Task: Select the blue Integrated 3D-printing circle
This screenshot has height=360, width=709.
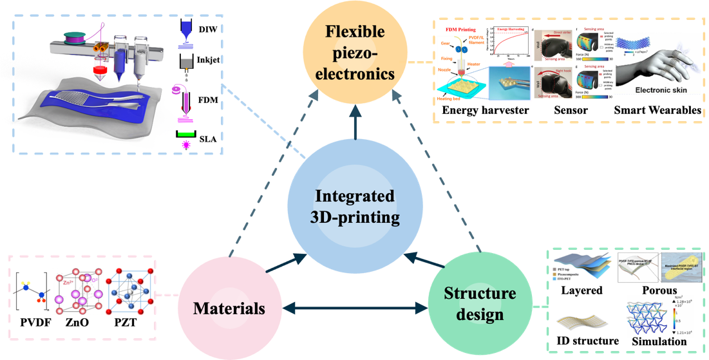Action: click(x=355, y=206)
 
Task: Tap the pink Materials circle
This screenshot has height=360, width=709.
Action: click(x=229, y=308)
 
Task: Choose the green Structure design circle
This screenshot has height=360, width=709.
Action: click(x=480, y=304)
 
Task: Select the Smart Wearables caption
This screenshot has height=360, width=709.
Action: click(x=657, y=111)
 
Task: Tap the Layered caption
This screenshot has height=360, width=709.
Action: click(x=581, y=290)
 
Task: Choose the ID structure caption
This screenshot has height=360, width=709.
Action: click(x=585, y=341)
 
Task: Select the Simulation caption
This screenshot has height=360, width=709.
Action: click(x=658, y=341)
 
